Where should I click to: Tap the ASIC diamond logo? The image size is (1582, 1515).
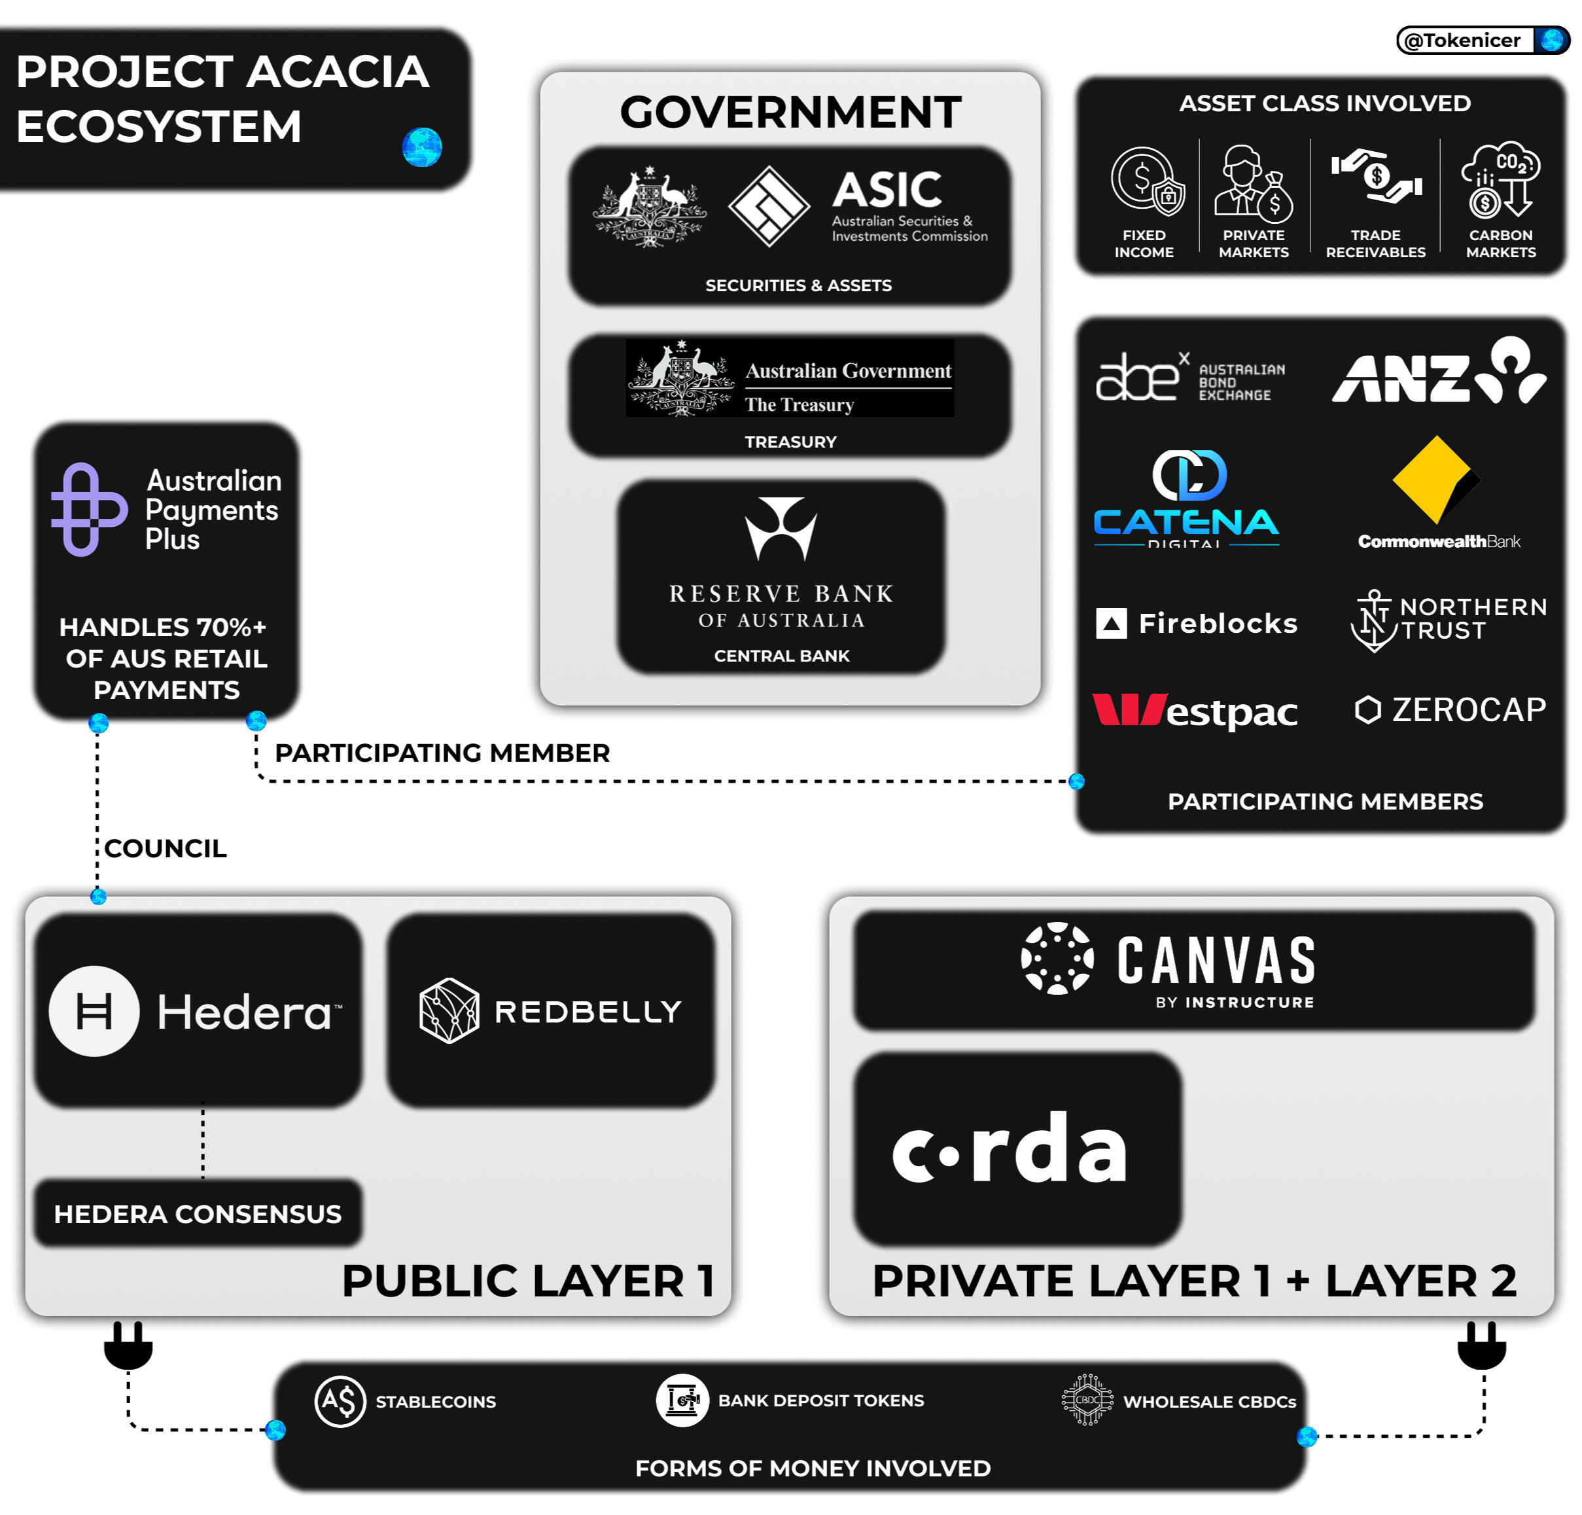coord(768,207)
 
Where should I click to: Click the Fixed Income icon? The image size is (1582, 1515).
coord(1147,181)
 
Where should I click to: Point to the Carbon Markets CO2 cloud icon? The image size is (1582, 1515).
coord(1500,179)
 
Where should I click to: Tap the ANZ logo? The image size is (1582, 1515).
coord(1438,372)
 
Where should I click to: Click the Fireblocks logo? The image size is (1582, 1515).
coord(1196,623)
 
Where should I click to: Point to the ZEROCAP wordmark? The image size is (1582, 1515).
coord(1468,709)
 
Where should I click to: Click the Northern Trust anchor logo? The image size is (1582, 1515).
coord(1374,620)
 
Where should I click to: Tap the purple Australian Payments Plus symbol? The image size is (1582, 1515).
coord(88,509)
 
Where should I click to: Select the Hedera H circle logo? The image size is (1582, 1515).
coord(94,1010)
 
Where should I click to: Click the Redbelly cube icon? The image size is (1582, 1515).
coord(449,1010)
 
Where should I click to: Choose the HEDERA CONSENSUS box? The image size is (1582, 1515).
coord(198,1213)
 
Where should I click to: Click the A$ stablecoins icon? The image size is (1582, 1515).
coord(340,1401)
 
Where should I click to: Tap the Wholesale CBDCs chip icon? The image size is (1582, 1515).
coord(1087,1400)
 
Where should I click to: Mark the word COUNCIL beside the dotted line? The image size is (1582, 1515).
coord(166,848)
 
